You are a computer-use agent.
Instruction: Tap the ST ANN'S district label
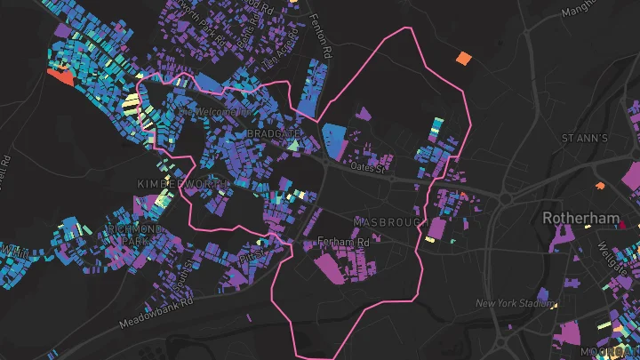(584, 139)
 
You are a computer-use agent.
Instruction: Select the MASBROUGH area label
(385, 220)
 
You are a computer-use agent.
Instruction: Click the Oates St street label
(371, 166)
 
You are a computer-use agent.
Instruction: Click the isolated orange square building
(463, 59)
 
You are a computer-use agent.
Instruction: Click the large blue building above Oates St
(333, 140)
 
